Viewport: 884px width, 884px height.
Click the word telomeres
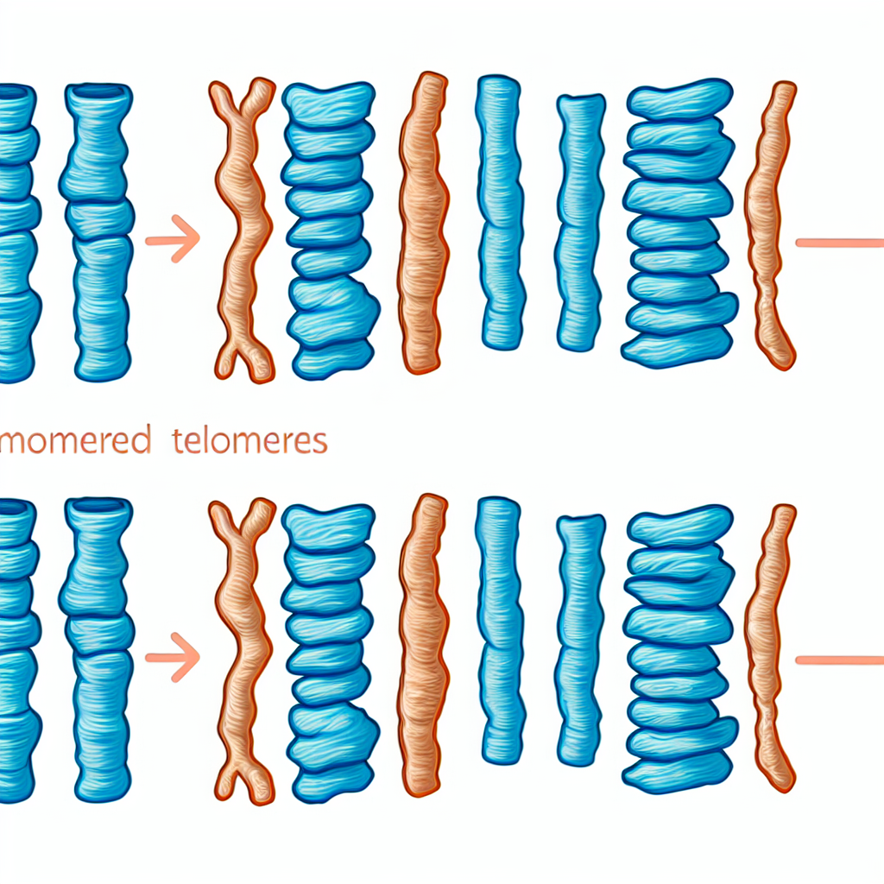(262, 441)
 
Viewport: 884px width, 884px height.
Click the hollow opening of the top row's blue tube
(98, 89)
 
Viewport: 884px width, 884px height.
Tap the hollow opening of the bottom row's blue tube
(98, 505)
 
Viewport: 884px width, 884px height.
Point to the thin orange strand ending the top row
(771, 224)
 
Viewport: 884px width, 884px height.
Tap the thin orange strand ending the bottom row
(771, 647)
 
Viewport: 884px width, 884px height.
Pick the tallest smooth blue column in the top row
(501, 212)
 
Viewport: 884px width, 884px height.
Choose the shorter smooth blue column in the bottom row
(580, 639)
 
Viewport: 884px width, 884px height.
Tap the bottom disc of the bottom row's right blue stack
(670, 773)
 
